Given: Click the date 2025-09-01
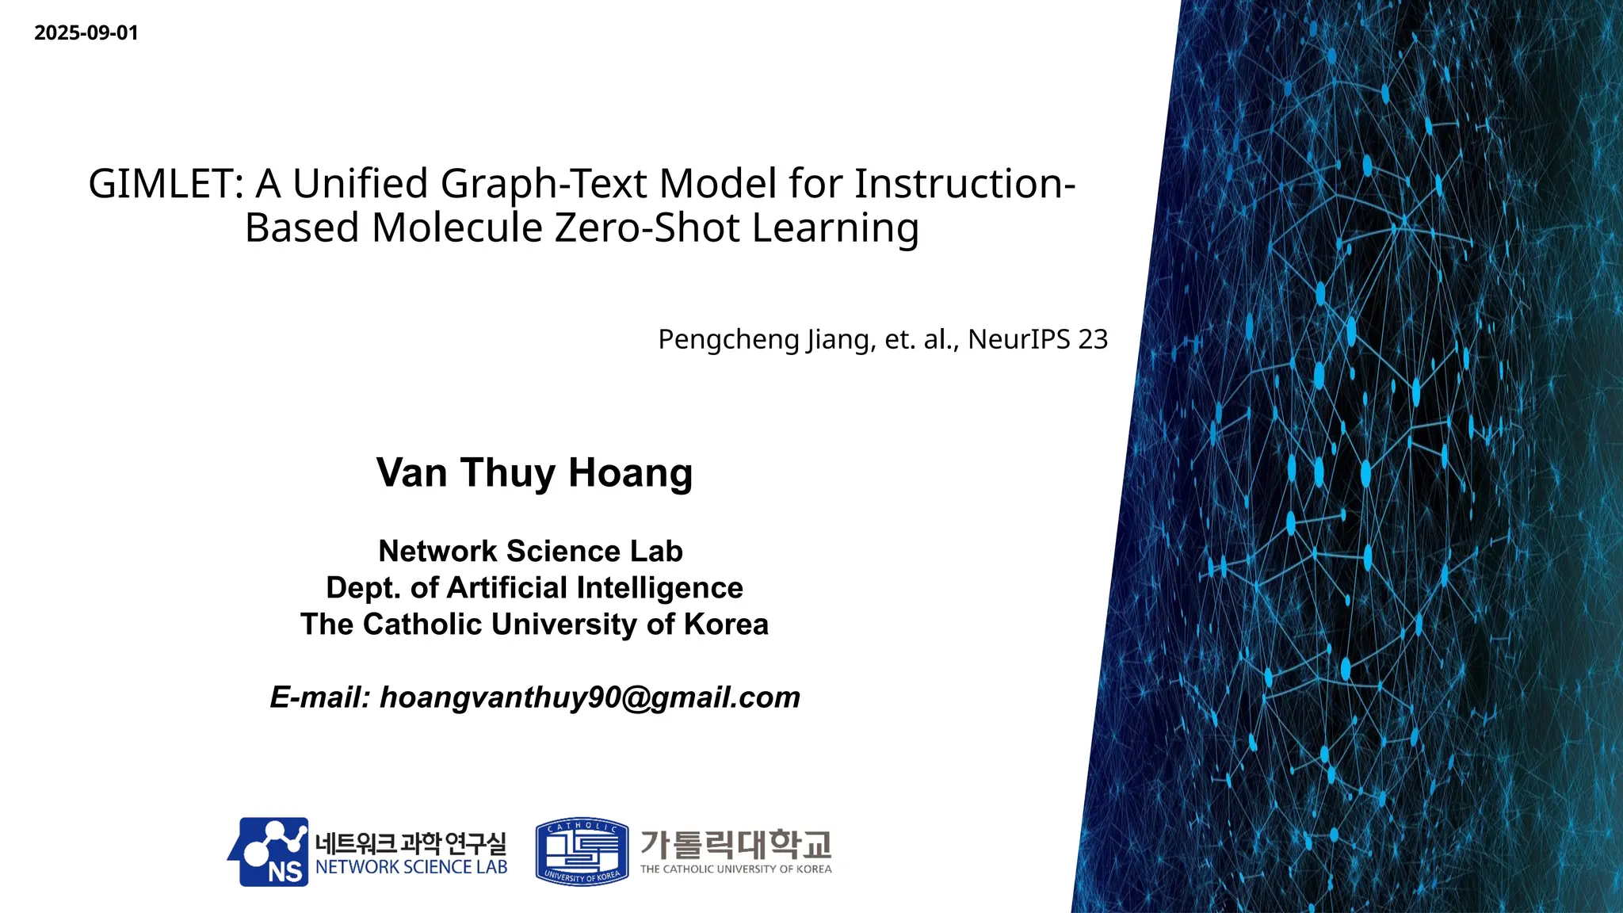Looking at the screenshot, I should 86,33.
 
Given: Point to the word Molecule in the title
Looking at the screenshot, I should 457,228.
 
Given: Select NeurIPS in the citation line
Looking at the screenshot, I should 1018,339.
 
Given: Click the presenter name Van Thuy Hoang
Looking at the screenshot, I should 534,473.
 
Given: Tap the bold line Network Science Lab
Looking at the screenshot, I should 530,551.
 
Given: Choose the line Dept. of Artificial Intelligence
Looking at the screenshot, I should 534,588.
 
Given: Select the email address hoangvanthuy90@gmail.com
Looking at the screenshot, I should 590,697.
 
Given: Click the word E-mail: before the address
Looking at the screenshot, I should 320,697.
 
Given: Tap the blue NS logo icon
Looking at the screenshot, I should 269,852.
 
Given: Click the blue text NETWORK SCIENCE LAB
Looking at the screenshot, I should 411,868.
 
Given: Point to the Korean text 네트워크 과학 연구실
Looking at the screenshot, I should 411,842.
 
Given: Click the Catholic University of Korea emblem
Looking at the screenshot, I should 582,852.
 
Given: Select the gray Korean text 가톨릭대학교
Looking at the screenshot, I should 735,844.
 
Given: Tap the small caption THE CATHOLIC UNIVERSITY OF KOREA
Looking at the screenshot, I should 735,869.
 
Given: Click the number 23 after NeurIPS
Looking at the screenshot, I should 1093,339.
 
